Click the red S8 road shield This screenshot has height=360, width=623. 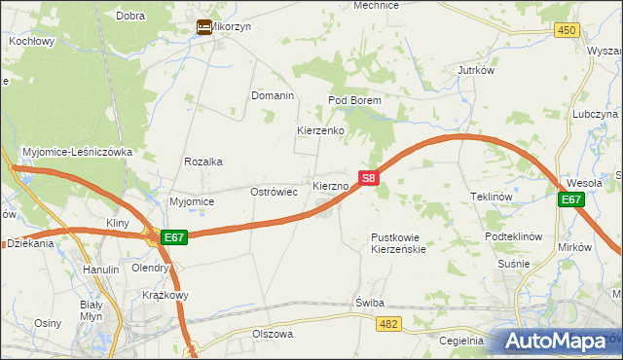click(368, 179)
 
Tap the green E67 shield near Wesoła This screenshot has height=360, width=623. click(571, 200)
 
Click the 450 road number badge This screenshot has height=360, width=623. click(568, 31)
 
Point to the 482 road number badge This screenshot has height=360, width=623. click(389, 322)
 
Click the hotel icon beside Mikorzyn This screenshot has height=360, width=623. click(204, 27)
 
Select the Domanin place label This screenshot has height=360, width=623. click(273, 95)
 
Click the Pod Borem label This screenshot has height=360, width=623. click(353, 100)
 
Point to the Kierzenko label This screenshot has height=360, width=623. click(320, 130)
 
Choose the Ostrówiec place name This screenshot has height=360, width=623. click(275, 192)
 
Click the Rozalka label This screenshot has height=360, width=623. click(203, 162)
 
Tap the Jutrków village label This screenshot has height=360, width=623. click(477, 71)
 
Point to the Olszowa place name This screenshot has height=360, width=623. click(273, 334)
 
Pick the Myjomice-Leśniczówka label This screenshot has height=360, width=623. click(84, 152)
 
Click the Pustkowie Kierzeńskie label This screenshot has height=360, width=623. click(399, 243)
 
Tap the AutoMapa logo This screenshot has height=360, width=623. click(560, 341)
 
